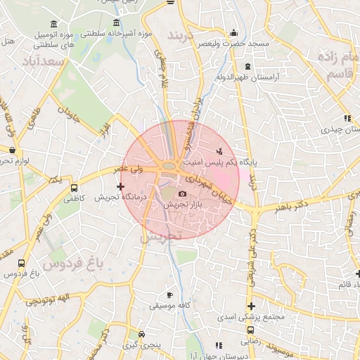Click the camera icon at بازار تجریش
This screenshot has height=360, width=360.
click(x=183, y=193)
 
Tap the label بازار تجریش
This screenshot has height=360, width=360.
click(x=183, y=205)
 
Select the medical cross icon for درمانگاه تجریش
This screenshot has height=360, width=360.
click(x=121, y=187)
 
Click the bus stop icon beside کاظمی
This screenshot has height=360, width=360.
click(x=75, y=188)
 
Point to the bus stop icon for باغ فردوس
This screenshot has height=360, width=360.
click(x=20, y=264)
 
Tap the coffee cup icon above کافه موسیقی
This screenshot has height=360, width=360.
click(x=169, y=295)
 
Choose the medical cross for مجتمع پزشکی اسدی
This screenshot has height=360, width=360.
click(x=251, y=306)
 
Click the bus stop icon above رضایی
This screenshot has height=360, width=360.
click(x=251, y=330)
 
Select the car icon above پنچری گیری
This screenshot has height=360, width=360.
click(x=142, y=335)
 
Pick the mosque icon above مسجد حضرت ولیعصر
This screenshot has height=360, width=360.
click(x=234, y=33)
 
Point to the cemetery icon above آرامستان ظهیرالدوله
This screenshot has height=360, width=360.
click(x=266, y=66)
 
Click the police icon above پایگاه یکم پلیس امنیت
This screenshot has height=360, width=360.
click(x=220, y=150)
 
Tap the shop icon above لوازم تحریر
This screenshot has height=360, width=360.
click(x=12, y=150)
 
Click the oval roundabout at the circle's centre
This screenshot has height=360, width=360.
click(x=169, y=167)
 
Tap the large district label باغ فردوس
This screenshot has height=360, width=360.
click(x=67, y=264)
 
